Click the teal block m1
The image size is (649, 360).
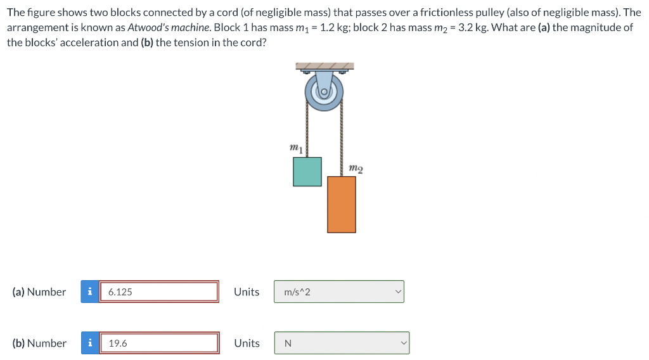307,171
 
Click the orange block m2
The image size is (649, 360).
342,204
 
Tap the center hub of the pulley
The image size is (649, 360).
324,92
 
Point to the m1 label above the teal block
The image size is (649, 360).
295,148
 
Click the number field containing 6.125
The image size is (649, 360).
158,292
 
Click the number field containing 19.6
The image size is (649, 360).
158,343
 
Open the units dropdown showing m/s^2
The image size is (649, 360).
338,292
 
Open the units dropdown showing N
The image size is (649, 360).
341,343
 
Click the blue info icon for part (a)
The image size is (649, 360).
90,292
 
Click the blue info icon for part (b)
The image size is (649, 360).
90,343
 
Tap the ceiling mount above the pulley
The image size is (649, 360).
324,66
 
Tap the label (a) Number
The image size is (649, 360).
39,292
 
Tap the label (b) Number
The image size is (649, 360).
39,343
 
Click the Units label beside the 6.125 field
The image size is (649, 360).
247,292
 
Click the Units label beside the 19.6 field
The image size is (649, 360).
247,343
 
